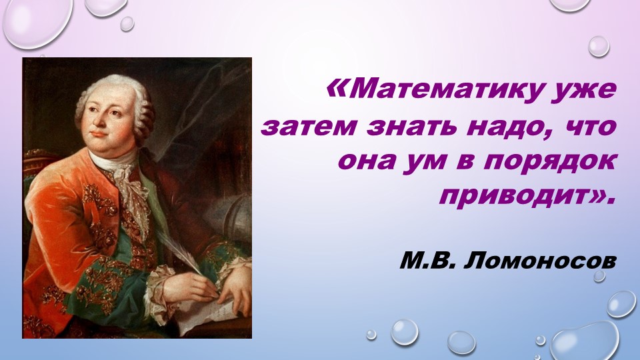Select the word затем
point(306,126)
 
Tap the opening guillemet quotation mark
point(339,87)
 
